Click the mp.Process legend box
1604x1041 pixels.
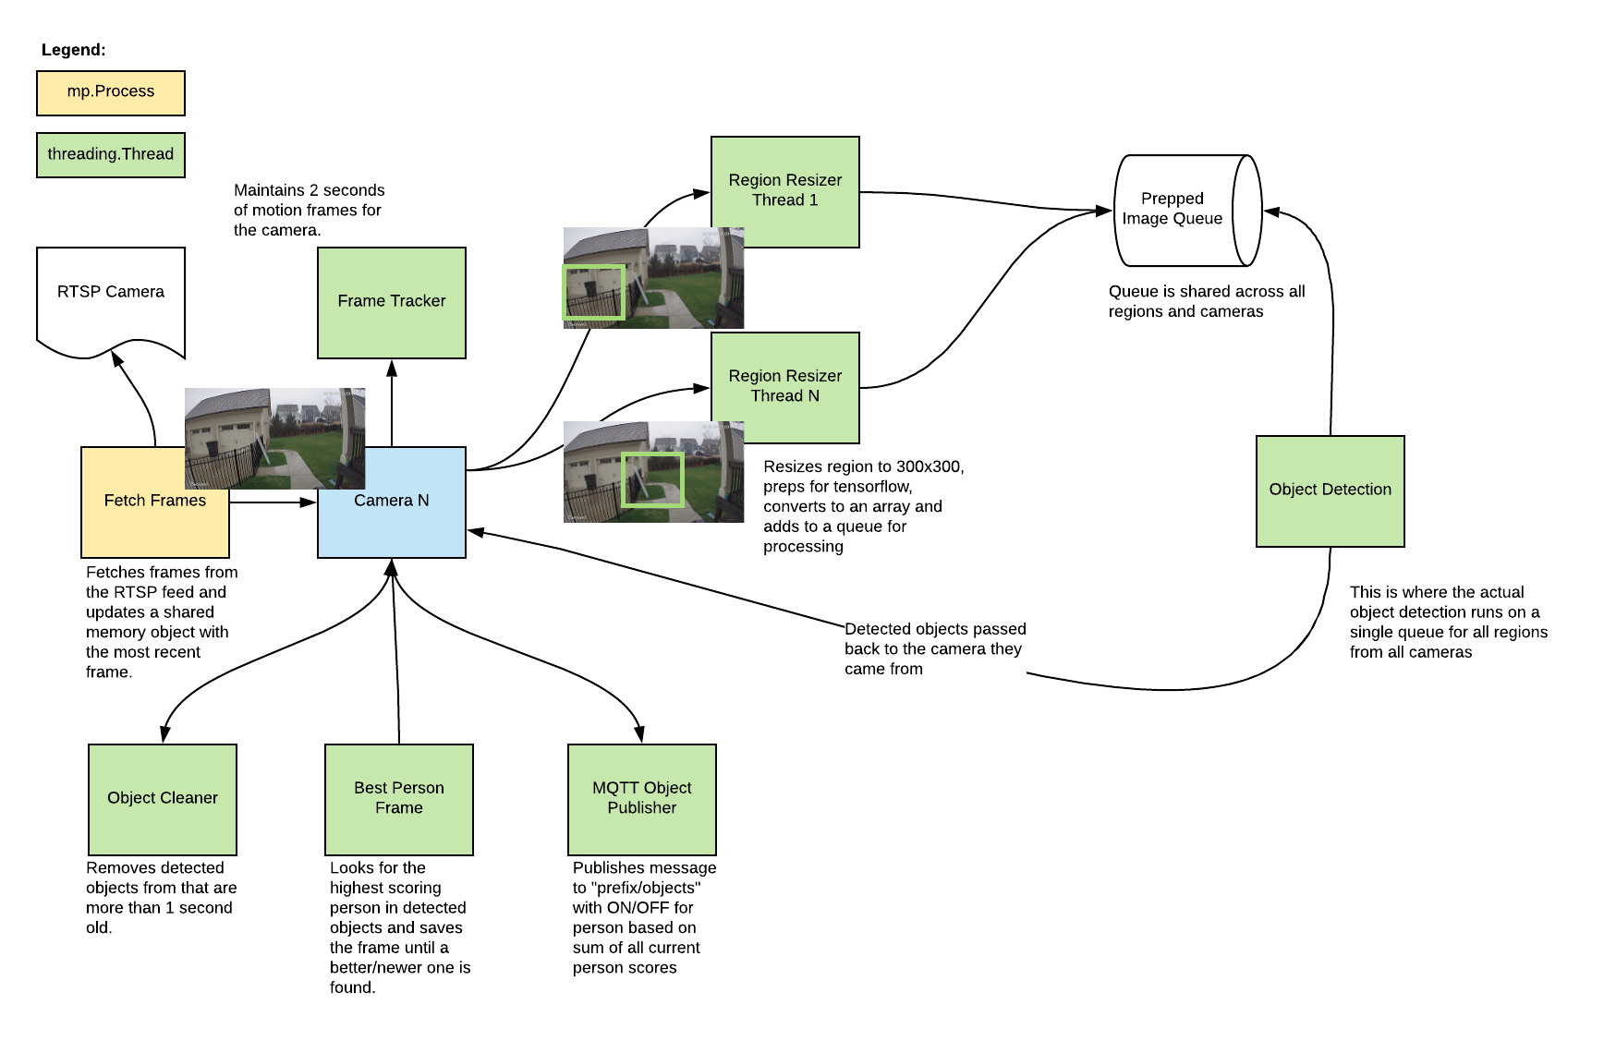[x=111, y=92]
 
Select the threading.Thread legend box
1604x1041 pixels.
[x=111, y=154]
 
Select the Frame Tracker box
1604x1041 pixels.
[x=392, y=302]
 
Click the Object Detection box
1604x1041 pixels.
[x=1330, y=490]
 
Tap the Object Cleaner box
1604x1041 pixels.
[x=163, y=798]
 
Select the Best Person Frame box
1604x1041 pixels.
[x=399, y=798]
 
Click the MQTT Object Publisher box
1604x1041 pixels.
[x=642, y=798]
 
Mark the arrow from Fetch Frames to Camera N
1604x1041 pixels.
[x=273, y=502]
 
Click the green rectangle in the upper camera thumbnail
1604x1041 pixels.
[x=594, y=292]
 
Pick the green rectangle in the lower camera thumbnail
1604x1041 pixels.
[x=652, y=479]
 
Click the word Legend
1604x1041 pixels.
[x=73, y=50]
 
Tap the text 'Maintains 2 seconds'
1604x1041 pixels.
[x=309, y=190]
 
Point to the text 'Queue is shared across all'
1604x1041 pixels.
[x=1206, y=292]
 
